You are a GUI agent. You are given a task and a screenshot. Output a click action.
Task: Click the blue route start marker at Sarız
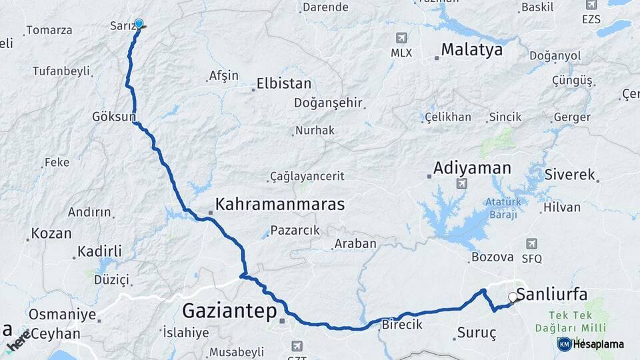click(x=139, y=24)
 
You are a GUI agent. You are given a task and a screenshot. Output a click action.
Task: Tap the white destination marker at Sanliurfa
click(x=513, y=297)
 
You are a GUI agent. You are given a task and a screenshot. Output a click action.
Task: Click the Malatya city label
click(x=471, y=50)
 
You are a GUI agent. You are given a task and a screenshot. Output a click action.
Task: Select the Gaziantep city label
click(x=229, y=310)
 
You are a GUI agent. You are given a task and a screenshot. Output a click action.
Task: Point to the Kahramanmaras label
click(x=280, y=204)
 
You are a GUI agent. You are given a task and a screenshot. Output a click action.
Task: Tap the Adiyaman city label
click(x=472, y=168)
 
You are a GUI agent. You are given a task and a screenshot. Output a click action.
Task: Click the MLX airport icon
click(x=401, y=38)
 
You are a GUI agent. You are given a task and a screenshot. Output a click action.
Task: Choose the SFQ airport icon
click(x=531, y=244)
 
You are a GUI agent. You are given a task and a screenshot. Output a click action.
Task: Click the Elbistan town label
click(x=285, y=85)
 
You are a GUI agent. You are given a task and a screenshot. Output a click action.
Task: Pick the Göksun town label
click(x=113, y=117)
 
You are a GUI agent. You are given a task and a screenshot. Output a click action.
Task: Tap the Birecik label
click(x=403, y=325)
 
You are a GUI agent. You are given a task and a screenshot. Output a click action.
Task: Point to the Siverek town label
click(x=569, y=175)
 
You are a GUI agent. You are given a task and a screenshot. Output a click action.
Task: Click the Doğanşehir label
click(x=328, y=103)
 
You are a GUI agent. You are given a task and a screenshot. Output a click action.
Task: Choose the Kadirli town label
click(x=99, y=251)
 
